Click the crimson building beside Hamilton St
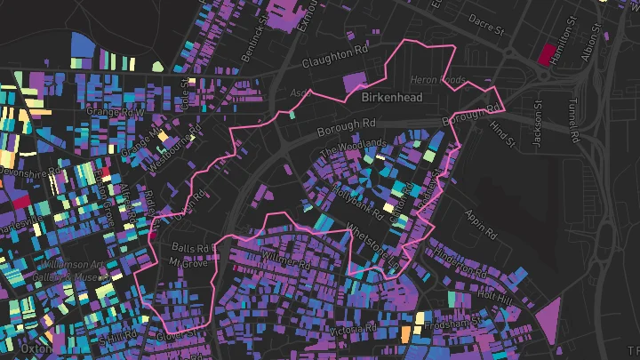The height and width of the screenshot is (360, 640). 546,54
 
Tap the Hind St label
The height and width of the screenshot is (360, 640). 502,133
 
